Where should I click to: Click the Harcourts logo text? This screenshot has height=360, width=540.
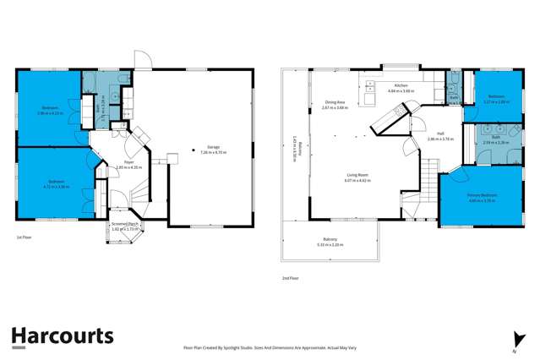(x=62, y=335)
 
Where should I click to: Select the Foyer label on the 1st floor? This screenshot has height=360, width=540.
(x=129, y=163)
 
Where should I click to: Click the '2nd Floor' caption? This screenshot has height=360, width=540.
(x=290, y=278)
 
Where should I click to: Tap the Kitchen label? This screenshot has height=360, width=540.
(x=401, y=87)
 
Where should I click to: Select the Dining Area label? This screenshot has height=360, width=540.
(x=335, y=105)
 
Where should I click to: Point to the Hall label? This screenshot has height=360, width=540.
(x=440, y=136)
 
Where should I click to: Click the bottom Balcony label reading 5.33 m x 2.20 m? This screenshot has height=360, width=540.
(x=330, y=242)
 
